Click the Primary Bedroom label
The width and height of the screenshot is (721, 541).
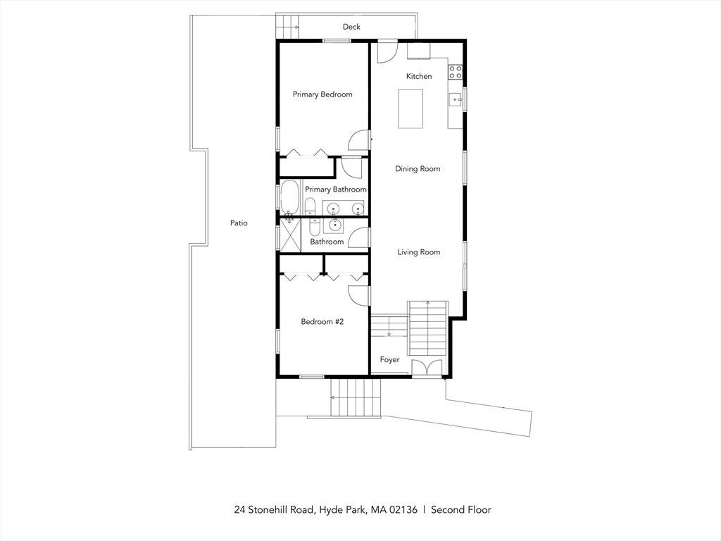pyautogui.click(x=322, y=94)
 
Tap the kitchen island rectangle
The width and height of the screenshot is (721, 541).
pyautogui.click(x=410, y=109)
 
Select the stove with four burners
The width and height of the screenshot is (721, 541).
pyautogui.click(x=456, y=72)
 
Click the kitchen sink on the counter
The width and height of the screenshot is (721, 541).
pyautogui.click(x=456, y=99)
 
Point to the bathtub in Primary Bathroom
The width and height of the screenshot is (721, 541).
pyautogui.click(x=289, y=197)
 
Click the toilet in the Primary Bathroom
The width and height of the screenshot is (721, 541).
pyautogui.click(x=310, y=206)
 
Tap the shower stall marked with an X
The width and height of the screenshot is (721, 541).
pyautogui.click(x=290, y=235)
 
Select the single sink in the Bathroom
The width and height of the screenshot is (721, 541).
pyautogui.click(x=334, y=225)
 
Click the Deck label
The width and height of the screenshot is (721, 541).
pyautogui.click(x=351, y=27)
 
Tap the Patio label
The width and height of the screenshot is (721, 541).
pyautogui.click(x=239, y=223)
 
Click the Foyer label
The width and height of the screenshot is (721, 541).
pyautogui.click(x=389, y=360)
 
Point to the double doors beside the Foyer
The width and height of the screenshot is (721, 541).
pyautogui.click(x=426, y=368)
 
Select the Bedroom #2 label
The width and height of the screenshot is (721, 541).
pyautogui.click(x=322, y=321)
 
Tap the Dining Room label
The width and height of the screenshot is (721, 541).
pyautogui.click(x=418, y=169)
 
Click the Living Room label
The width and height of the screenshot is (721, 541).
pyautogui.click(x=419, y=252)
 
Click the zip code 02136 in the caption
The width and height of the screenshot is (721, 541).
pyautogui.click(x=403, y=510)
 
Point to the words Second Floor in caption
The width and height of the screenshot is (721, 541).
pyautogui.click(x=460, y=510)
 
